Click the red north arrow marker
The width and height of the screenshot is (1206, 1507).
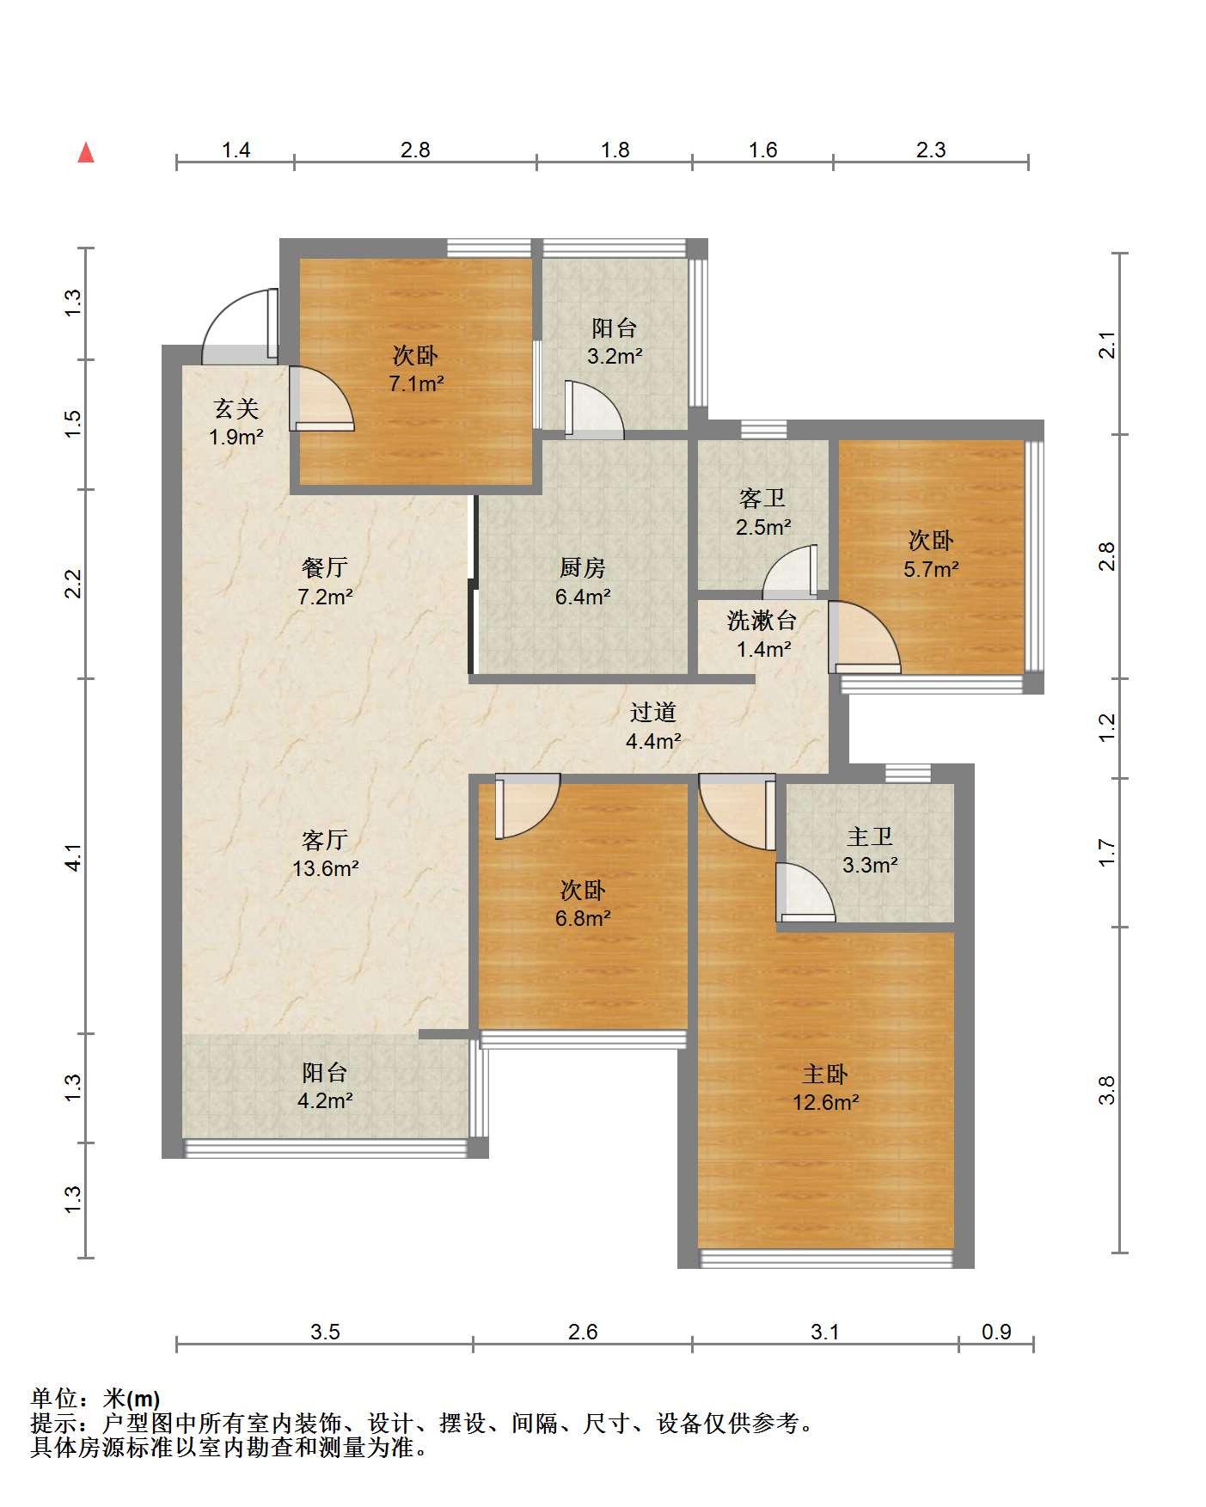86,153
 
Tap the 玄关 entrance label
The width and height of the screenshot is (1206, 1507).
236,408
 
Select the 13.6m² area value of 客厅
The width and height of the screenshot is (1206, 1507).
325,868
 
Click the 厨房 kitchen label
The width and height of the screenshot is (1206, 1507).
583,567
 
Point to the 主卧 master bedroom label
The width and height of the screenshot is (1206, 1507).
825,1074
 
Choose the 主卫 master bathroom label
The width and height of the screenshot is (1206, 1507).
870,836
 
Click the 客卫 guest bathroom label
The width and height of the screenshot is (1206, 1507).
762,498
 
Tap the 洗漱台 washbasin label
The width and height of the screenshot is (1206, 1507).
762,620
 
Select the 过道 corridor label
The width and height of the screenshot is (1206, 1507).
653,712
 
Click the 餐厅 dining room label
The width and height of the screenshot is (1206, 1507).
325,567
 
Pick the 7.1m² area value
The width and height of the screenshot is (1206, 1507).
416,383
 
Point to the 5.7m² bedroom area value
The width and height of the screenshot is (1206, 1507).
931,569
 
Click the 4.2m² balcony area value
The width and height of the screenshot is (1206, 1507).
325,1100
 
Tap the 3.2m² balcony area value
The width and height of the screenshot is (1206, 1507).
615,356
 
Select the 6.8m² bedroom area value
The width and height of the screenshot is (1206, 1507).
583,918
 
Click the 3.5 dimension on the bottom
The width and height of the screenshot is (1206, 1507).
325,1332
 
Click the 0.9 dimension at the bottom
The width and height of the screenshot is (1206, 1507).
996,1332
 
